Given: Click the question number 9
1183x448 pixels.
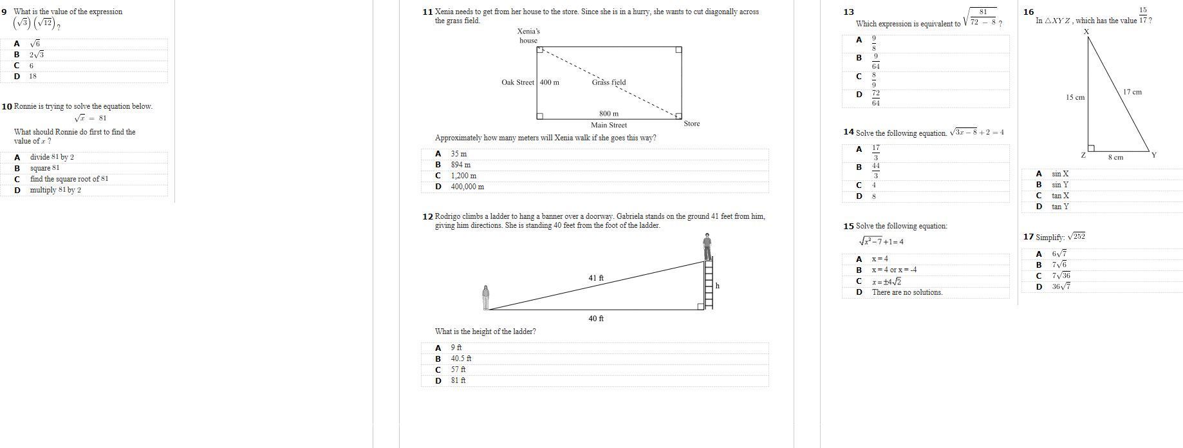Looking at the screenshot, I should [x=5, y=12].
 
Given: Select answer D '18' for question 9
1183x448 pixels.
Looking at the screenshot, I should [x=32, y=77].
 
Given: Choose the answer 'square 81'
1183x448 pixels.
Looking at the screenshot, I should [x=44, y=169].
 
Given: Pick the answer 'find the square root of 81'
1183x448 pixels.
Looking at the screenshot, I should [x=69, y=180].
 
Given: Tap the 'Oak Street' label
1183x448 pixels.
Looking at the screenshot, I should [x=517, y=82].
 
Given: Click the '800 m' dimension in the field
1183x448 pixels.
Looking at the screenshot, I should [x=608, y=114].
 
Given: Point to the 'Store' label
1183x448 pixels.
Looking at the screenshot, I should [x=692, y=124].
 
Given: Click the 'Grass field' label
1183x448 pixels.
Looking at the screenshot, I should [x=608, y=82].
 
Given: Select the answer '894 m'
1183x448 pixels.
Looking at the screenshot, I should [x=460, y=165].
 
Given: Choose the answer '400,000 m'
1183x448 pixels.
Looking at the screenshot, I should [x=467, y=187].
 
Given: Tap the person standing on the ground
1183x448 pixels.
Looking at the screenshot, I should [x=485, y=297].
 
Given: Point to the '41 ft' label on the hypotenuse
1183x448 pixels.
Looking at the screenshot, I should [x=596, y=278].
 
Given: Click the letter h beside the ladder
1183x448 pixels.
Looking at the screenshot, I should [x=717, y=286].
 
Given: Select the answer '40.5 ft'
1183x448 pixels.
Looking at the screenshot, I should [x=461, y=359].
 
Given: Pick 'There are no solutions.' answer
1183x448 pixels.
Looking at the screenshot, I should [x=907, y=292].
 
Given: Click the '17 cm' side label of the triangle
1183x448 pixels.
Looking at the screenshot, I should [x=1132, y=92].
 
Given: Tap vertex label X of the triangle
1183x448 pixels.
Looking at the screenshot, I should [x=1086, y=32].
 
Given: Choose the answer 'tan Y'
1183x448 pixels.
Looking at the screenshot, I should [x=1060, y=207].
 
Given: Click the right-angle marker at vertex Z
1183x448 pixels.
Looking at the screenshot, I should [x=1091, y=148].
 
